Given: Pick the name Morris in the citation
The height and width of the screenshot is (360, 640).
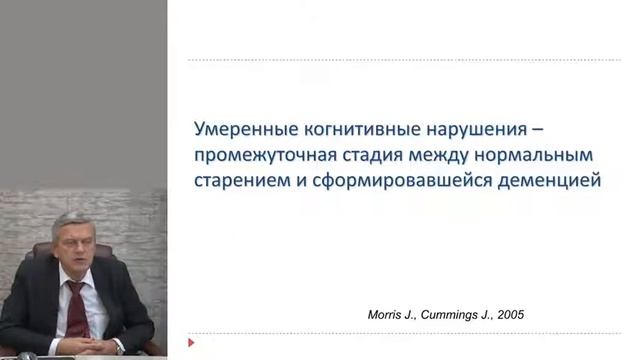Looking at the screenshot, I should (388, 314).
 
